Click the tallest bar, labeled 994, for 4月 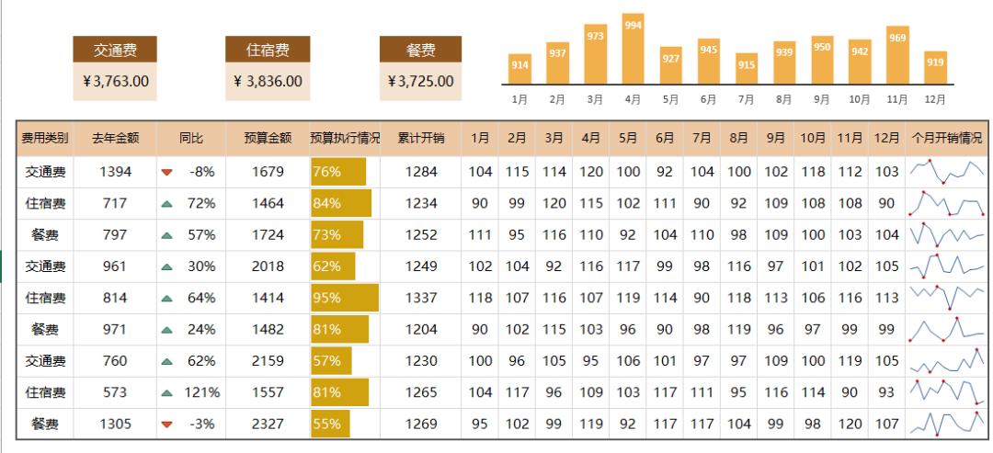pyautogui.click(x=633, y=48)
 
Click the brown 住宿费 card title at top pyautogui.click(x=268, y=50)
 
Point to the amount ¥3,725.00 pyautogui.click(x=420, y=81)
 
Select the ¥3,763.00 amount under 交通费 pyautogui.click(x=115, y=81)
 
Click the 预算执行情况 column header pyautogui.click(x=345, y=139)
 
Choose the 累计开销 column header pyautogui.click(x=420, y=139)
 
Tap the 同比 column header pyautogui.click(x=191, y=139)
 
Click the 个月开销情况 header pyautogui.click(x=946, y=139)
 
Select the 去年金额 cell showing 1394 pyautogui.click(x=115, y=172)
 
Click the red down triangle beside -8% pyautogui.click(x=166, y=172)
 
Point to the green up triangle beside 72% pyautogui.click(x=166, y=203)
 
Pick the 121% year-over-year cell pyautogui.click(x=201, y=392)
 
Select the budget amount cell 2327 pyautogui.click(x=268, y=424)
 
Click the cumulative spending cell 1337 pyautogui.click(x=420, y=298)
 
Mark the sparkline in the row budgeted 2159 pyautogui.click(x=946, y=361)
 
